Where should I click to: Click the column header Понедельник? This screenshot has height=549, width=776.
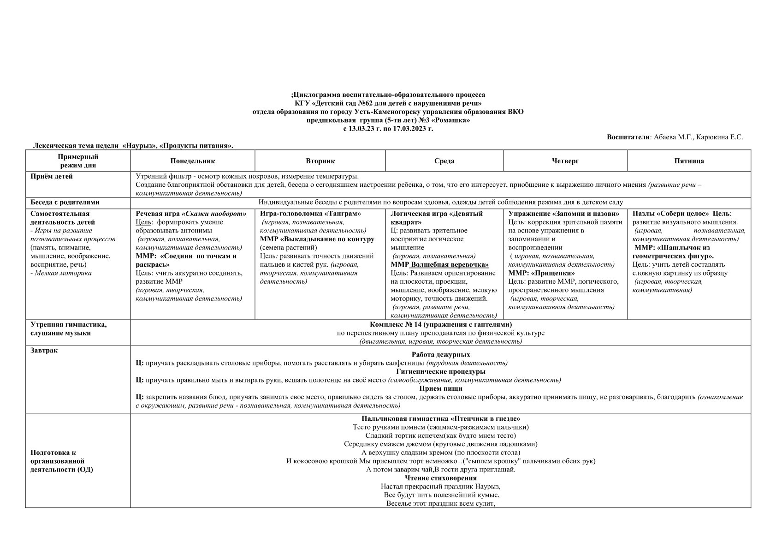tap(192, 161)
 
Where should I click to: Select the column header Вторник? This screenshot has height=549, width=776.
tap(320, 161)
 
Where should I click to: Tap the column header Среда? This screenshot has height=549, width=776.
tap(444, 161)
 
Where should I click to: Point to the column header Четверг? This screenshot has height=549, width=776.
tap(565, 161)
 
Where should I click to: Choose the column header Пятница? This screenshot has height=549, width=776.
tap(689, 161)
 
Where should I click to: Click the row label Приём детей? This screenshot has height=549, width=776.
tap(52, 176)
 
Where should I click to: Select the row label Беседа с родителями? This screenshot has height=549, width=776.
tap(65, 202)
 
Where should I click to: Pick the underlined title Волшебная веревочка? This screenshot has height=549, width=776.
tap(449, 264)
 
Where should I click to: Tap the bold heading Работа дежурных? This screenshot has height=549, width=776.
tap(440, 354)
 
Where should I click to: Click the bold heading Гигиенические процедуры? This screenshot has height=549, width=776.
tap(440, 371)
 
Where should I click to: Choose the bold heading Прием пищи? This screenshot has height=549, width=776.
tap(440, 388)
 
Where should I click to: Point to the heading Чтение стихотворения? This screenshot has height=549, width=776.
tap(440, 478)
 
